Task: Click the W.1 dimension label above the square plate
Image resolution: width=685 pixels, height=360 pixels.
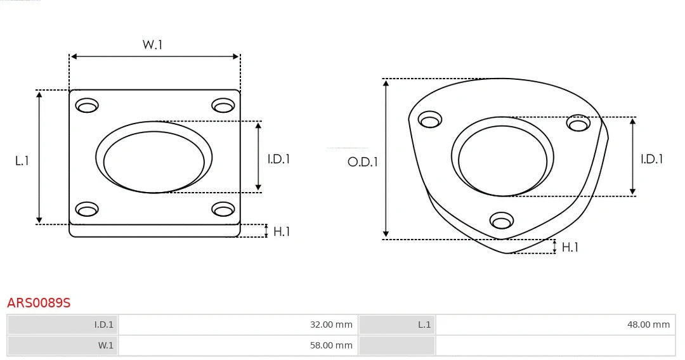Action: pos(152,45)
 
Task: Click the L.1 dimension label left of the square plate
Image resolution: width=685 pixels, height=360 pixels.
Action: pos(22,161)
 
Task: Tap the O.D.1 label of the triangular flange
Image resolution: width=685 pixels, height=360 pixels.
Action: pos(363,162)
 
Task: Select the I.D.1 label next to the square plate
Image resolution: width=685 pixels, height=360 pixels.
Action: pos(278,159)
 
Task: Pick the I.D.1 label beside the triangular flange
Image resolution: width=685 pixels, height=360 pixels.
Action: pos(651,159)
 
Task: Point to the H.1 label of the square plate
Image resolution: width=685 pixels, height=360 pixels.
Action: pos(282,231)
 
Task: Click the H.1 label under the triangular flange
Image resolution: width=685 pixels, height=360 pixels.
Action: pos(570,247)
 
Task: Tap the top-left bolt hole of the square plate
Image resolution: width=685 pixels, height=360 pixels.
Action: pos(87,106)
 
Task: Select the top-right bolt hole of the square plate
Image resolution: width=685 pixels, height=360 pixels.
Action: pos(223,106)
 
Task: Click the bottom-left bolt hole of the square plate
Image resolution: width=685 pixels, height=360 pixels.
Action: pos(87,209)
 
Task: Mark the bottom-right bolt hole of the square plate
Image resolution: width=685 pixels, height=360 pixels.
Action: pos(223,209)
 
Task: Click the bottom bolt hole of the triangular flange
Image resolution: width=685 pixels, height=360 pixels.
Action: pos(502,221)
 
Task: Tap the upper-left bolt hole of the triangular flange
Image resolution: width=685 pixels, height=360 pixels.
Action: pos(431,120)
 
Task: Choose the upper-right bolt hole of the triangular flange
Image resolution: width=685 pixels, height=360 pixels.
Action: pos(578,123)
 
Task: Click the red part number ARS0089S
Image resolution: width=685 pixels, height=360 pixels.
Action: pos(39,303)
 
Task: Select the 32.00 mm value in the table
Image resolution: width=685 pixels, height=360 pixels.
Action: pos(331,325)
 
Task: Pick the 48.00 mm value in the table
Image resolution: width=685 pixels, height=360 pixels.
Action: pos(648,325)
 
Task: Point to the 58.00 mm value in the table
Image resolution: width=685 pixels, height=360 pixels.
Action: pos(331,345)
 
